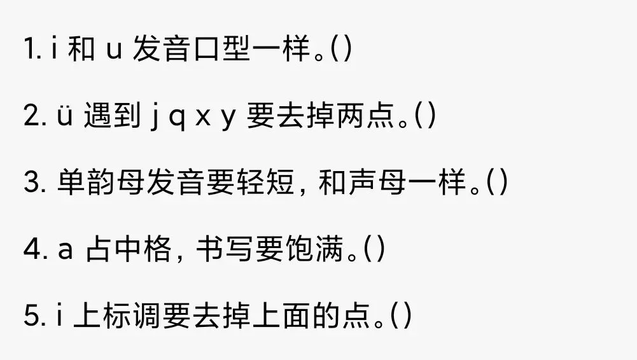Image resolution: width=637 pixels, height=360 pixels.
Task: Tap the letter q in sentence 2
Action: (x=180, y=120)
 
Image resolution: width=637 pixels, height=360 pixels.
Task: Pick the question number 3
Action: (x=32, y=184)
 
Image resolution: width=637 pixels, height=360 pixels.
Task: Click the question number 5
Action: (x=32, y=316)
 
